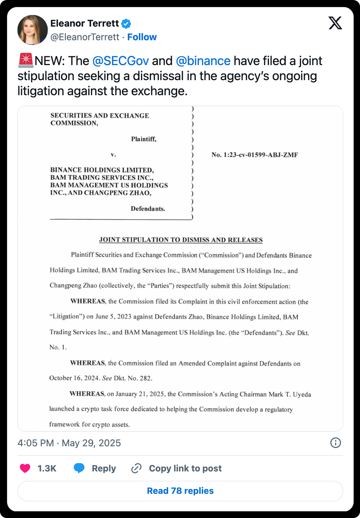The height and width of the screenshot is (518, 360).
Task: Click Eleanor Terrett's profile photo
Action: coord(33,30)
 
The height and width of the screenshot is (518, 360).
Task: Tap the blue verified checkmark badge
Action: coord(126,24)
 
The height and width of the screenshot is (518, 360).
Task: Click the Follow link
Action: coord(142,37)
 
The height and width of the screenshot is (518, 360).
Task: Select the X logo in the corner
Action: coord(335,23)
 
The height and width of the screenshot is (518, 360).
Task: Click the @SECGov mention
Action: coord(120,61)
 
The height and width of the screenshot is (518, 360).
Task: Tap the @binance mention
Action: coord(203,61)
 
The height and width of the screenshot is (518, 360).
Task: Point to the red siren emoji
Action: coord(26,60)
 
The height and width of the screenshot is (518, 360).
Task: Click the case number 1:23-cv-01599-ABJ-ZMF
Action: coord(255,155)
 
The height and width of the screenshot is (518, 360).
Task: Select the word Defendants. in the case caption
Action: coord(148,209)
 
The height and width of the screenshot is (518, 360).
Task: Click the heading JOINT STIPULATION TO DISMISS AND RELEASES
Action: coord(181,240)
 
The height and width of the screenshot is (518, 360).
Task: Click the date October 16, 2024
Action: coord(74,378)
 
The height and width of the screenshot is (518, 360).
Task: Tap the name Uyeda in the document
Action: coord(302,394)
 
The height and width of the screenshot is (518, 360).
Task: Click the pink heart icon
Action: coord(25,468)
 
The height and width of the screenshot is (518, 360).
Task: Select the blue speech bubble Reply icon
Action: coord(79,468)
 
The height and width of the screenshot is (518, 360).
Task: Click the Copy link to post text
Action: coord(185,468)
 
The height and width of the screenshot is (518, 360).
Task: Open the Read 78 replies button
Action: coord(180,491)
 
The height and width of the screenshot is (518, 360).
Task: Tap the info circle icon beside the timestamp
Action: coord(335,443)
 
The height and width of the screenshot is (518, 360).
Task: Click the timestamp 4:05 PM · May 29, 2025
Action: coord(69,443)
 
